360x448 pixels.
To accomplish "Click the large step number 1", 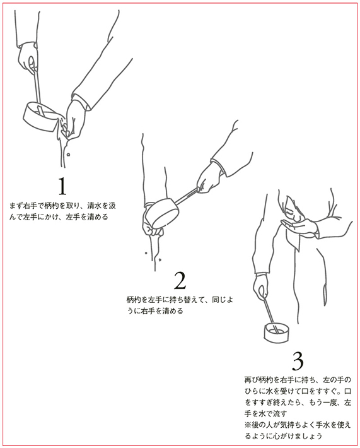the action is pyautogui.click(x=62, y=186).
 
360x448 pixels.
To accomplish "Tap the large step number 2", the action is pyautogui.click(x=180, y=281).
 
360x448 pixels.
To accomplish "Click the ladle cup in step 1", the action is pyautogui.click(x=39, y=117).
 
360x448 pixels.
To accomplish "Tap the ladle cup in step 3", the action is pyautogui.click(x=276, y=333).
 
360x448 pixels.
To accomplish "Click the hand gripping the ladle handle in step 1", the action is pyautogui.click(x=28, y=57).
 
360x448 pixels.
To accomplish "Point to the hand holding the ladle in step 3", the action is pyautogui.click(x=260, y=286).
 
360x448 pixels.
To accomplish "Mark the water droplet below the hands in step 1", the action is pyautogui.click(x=69, y=155).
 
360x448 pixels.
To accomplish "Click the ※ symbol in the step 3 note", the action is pyautogui.click(x=248, y=425).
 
